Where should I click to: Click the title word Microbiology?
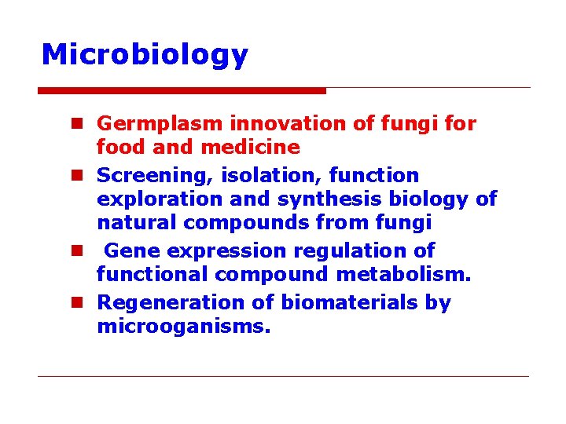click(x=145, y=55)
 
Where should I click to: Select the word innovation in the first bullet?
click(x=263, y=124)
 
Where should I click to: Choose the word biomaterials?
click(x=350, y=303)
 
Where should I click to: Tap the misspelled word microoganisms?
click(x=183, y=326)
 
